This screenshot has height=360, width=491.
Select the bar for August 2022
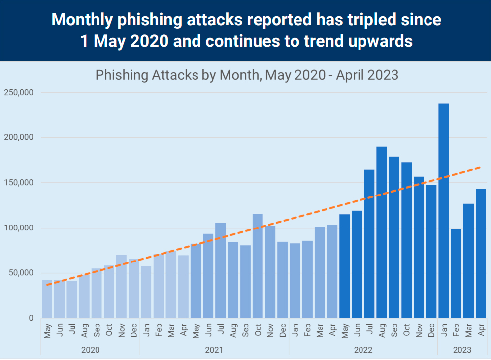(x=382, y=232)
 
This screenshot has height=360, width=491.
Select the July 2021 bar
(x=221, y=270)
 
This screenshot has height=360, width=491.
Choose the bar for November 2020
(x=122, y=286)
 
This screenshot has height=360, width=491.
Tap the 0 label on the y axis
(x=30, y=318)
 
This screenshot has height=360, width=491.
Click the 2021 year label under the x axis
(x=214, y=350)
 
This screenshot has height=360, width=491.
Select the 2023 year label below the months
(x=461, y=350)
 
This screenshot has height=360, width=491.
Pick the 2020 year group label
(x=91, y=350)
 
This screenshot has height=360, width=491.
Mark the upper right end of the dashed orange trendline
(x=481, y=168)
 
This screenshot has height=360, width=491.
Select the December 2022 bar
(x=431, y=251)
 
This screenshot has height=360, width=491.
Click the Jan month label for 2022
(x=295, y=331)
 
